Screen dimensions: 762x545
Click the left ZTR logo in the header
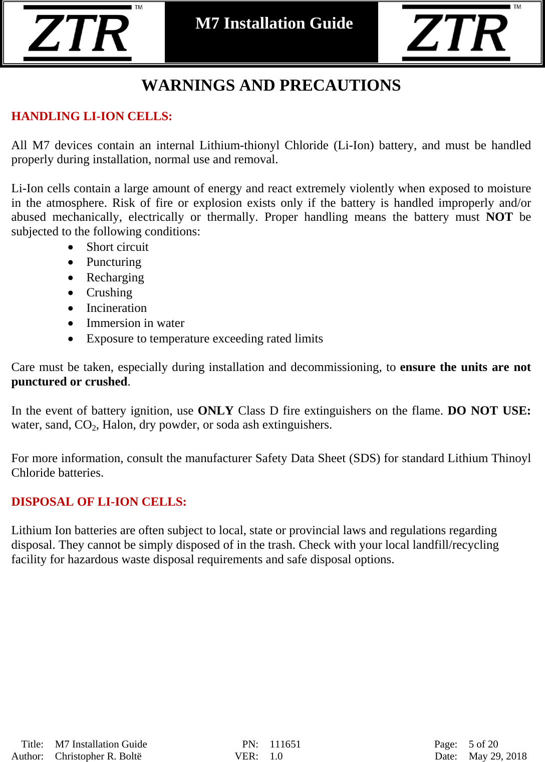click(x=80, y=33)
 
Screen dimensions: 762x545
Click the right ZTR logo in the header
click(x=459, y=33)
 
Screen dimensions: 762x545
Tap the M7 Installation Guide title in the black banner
click(x=274, y=24)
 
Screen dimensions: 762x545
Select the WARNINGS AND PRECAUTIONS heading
click(x=271, y=86)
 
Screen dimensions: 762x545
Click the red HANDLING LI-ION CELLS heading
click(x=92, y=116)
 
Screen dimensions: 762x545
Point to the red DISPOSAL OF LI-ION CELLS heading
click(x=99, y=502)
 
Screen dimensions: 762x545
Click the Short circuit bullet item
click(x=117, y=247)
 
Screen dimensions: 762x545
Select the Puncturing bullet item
click(x=114, y=262)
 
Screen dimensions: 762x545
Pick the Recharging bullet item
click(x=115, y=277)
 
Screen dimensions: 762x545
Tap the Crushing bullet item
click(x=109, y=292)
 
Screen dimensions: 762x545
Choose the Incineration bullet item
click(x=116, y=308)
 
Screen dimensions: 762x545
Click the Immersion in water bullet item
click(x=135, y=323)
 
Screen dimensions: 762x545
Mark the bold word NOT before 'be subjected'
click(x=499, y=217)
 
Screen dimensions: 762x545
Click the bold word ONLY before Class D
click(x=215, y=411)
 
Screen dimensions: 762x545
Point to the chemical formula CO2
click(x=86, y=425)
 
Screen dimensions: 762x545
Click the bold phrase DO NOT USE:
click(x=489, y=411)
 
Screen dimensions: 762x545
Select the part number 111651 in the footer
click(x=285, y=744)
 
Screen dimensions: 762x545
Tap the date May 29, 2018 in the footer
click(x=497, y=756)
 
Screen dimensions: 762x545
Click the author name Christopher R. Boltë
click(x=98, y=756)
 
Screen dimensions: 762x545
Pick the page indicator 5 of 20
click(x=483, y=744)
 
